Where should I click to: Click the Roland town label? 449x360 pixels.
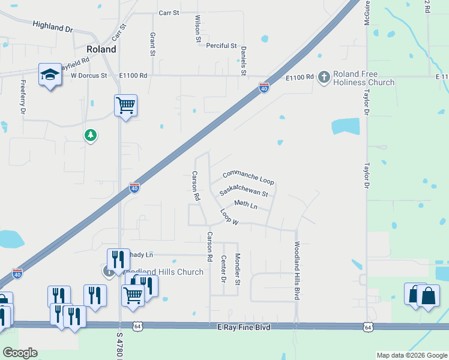(x=101, y=49)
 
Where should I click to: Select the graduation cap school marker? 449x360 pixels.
(x=50, y=74)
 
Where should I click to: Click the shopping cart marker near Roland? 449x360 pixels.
(x=125, y=106)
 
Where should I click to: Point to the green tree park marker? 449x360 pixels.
(x=91, y=136)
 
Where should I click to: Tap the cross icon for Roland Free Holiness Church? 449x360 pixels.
(x=324, y=76)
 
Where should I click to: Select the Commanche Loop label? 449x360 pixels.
(x=248, y=177)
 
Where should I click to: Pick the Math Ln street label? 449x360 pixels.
(x=246, y=205)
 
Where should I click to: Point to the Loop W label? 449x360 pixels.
(x=229, y=217)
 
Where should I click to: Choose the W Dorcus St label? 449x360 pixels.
(x=88, y=76)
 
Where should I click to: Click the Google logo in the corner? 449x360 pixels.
(x=20, y=352)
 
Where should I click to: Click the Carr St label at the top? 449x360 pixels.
(x=170, y=13)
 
